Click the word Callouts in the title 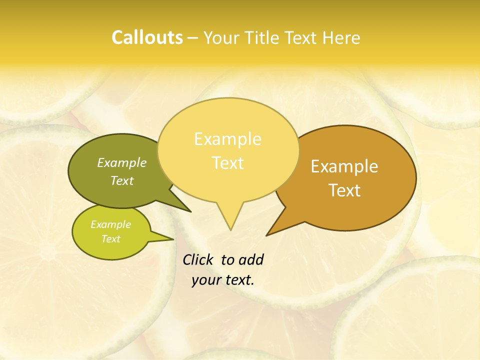(x=147, y=37)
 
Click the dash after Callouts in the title (x=193, y=38)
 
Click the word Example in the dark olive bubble (x=122, y=163)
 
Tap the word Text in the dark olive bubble (x=122, y=181)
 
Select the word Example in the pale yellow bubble (x=227, y=139)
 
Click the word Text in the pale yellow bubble (x=227, y=163)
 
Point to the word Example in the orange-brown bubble (x=344, y=166)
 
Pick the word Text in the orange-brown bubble (x=344, y=190)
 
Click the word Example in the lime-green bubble (x=110, y=224)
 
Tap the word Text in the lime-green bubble (x=110, y=239)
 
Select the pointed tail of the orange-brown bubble (x=278, y=227)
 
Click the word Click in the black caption (x=198, y=260)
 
